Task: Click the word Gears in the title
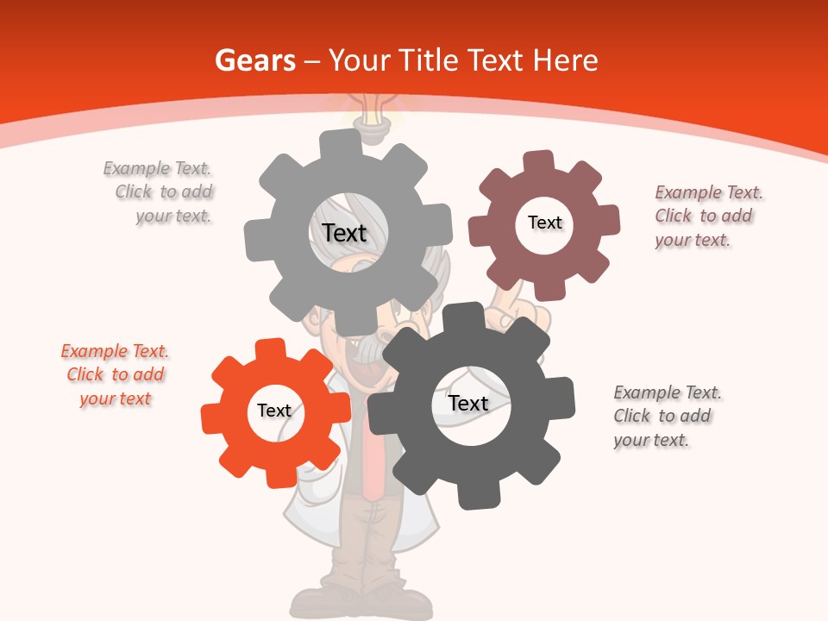(x=254, y=60)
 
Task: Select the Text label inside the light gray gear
(x=344, y=233)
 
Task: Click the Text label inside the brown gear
(x=544, y=223)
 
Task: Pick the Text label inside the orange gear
(x=274, y=411)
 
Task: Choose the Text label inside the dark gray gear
(x=468, y=403)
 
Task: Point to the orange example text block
(x=115, y=375)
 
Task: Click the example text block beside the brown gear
(x=708, y=216)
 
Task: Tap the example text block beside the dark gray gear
(x=667, y=416)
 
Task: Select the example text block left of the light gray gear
(x=160, y=191)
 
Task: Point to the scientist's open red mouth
(x=356, y=367)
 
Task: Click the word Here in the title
(x=565, y=60)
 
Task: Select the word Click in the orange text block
(x=85, y=374)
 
